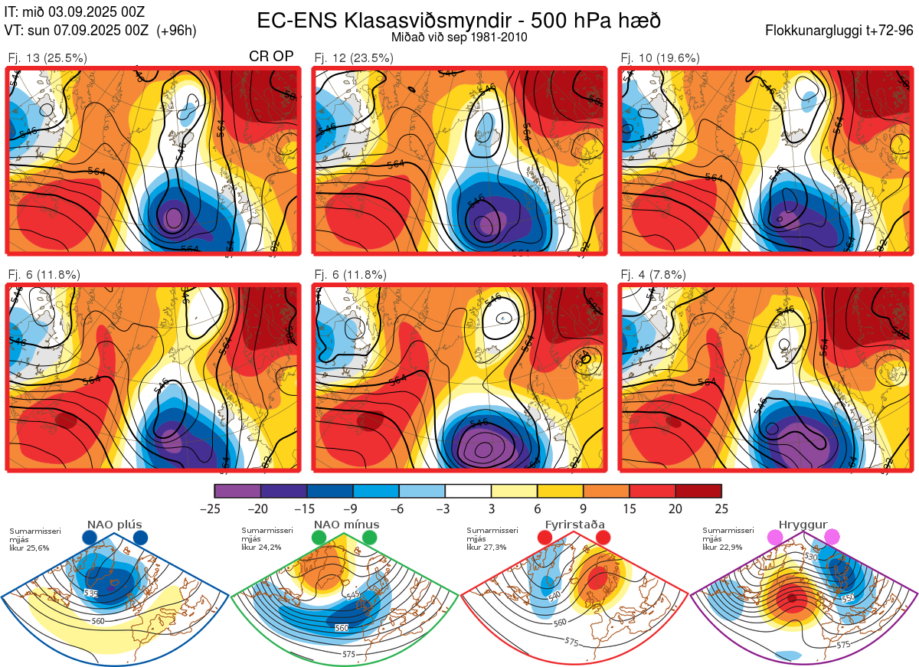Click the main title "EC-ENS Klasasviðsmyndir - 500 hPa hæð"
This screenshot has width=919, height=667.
(x=459, y=20)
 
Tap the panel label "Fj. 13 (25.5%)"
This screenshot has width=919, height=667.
(x=47, y=57)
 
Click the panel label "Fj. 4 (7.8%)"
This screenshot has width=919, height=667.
(x=653, y=274)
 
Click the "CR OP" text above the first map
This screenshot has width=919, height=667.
(x=271, y=57)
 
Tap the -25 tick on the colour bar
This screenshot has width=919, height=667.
(x=214, y=509)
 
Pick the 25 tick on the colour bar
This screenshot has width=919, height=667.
(x=721, y=509)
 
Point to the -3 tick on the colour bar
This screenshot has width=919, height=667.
(x=445, y=509)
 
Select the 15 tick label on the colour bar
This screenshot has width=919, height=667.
(x=630, y=509)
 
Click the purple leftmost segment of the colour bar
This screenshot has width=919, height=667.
(x=237, y=491)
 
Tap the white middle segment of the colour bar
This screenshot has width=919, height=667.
(x=468, y=491)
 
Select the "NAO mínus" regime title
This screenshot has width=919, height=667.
(x=346, y=525)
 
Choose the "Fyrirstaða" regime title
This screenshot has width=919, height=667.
(x=574, y=525)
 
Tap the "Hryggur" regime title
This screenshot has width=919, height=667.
(x=803, y=525)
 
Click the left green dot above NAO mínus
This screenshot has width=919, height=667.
(x=319, y=538)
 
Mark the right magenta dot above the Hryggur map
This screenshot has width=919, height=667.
(x=832, y=538)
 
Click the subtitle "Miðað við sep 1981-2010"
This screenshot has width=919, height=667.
(x=459, y=37)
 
